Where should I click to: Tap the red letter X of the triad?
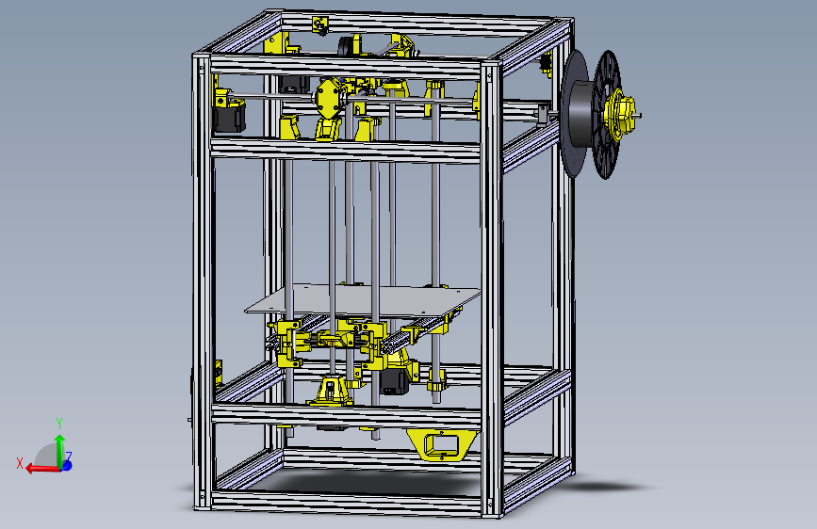click(x=20, y=462)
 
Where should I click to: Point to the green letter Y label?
click(x=58, y=423)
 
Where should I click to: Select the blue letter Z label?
click(x=69, y=457)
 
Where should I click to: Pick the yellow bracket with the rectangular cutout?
click(x=444, y=442)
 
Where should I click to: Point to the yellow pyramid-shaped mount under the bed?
click(x=332, y=389)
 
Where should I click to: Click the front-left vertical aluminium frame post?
click(x=201, y=282)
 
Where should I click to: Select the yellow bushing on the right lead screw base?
click(x=437, y=383)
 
